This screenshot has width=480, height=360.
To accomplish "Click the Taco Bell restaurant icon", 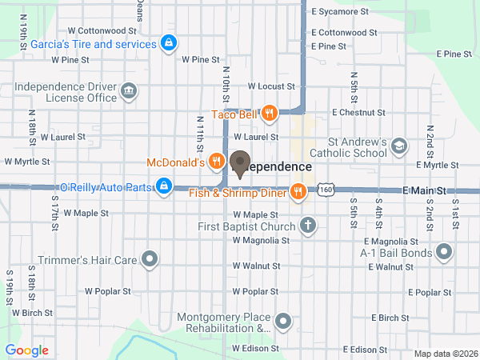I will (x=269, y=114).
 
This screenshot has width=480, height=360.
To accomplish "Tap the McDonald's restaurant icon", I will (x=216, y=162).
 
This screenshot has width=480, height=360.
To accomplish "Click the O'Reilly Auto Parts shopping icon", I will (x=163, y=186).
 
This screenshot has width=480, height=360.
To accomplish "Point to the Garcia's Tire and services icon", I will (x=168, y=43).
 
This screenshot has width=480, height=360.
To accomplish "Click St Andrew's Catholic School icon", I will (x=399, y=146).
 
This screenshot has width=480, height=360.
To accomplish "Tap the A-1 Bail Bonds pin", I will (x=446, y=253).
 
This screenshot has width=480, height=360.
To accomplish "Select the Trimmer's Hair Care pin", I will (x=150, y=258).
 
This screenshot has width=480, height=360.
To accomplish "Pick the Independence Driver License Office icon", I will (x=128, y=92).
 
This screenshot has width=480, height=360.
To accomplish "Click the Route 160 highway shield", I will (x=325, y=188).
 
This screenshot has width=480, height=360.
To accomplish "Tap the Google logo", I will (x=27, y=350).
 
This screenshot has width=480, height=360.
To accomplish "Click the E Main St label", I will (x=424, y=191).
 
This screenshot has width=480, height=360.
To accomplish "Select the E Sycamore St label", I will (x=340, y=12).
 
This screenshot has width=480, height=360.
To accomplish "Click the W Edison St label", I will (x=254, y=350).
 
